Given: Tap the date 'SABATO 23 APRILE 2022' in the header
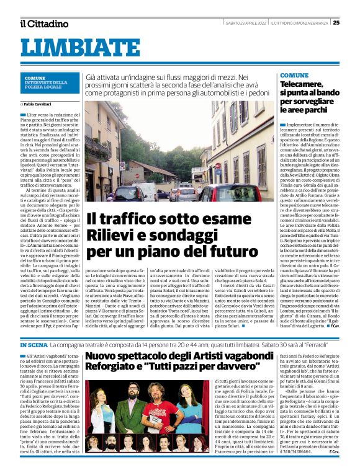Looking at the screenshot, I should tap(245, 23).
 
